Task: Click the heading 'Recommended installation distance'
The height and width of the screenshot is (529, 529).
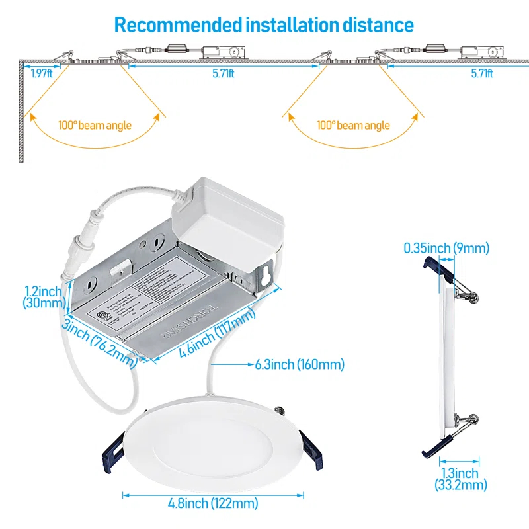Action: point(264,25)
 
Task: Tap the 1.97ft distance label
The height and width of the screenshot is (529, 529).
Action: point(41,73)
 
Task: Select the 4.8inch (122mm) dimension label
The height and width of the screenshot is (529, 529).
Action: point(213,504)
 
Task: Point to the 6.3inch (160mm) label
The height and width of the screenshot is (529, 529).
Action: point(299,364)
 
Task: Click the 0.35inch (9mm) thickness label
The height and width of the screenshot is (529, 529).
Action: point(446,248)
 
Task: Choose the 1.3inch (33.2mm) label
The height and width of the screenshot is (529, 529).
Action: point(460,479)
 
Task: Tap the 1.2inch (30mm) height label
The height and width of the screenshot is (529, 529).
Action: point(43,297)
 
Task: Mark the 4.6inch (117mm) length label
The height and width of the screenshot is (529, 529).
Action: point(217,335)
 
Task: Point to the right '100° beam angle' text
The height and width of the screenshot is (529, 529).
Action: point(353,125)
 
